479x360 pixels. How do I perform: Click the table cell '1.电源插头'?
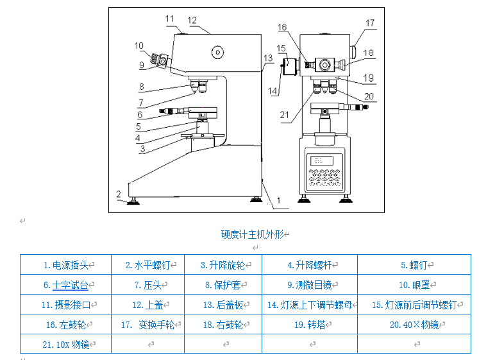pyautogui.click(x=65, y=264)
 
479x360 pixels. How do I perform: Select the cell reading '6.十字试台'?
pyautogui.click(x=65, y=284)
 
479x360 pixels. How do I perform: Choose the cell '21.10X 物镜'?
pyautogui.click(x=65, y=344)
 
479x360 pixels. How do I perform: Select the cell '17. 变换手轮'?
pyautogui.click(x=147, y=325)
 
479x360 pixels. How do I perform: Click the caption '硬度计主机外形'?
pyautogui.click(x=252, y=234)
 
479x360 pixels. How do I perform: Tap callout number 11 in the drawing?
pyautogui.click(x=169, y=19)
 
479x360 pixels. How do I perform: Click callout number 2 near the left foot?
pyautogui.click(x=119, y=193)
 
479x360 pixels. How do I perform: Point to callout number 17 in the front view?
pyautogui.click(x=370, y=23)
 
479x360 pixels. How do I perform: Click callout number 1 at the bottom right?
pyautogui.click(x=278, y=200)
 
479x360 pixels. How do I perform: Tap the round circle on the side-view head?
pyautogui.click(x=218, y=52)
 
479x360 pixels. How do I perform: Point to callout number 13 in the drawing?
pyautogui.click(x=268, y=58)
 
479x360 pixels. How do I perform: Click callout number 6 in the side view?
pyautogui.click(x=139, y=115)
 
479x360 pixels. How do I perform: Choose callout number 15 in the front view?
pyautogui.click(x=281, y=47)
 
